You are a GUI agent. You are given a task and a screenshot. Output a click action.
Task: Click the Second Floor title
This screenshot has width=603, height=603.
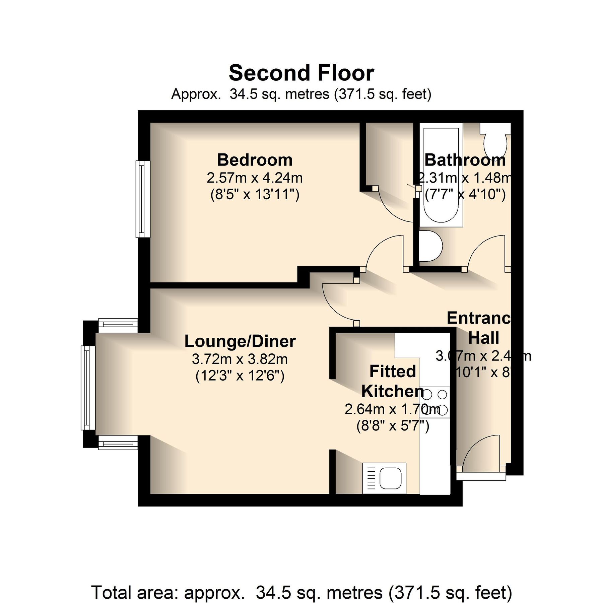tap(301, 73)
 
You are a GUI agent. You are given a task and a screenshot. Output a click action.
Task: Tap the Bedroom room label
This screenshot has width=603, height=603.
tap(255, 160)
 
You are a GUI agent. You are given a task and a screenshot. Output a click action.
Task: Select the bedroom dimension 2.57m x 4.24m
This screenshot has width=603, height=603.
tap(255, 178)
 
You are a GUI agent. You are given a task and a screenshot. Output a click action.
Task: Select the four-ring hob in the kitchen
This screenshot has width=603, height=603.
tap(434, 402)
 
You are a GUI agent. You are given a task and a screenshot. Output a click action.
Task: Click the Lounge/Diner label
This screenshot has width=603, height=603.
tap(240, 341)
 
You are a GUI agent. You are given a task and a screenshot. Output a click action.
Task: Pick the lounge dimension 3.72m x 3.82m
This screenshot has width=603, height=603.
tap(240, 359)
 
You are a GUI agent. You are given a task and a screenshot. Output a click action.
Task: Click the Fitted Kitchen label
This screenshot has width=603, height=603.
tap(393, 381)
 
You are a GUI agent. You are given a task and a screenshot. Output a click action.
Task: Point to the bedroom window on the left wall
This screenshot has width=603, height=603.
tap(143, 199)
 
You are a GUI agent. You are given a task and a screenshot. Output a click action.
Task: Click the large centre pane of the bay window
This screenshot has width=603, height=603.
tap(88, 388)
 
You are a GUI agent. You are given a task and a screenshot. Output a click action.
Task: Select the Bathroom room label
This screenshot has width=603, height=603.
tap(465, 160)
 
